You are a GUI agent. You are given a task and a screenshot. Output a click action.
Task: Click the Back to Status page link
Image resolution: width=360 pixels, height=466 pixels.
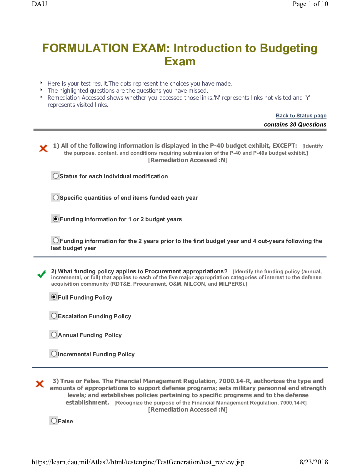coord(301,116)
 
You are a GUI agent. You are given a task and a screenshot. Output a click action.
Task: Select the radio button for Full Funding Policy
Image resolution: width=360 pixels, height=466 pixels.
coord(54,297)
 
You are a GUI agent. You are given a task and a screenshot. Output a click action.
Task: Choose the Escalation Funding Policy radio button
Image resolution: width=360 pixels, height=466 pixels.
coord(54,316)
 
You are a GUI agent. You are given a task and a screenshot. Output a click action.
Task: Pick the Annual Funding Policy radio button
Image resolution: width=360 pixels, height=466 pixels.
coord(54,334)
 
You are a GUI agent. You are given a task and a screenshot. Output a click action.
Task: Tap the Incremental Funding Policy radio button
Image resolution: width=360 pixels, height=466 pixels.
coord(54,354)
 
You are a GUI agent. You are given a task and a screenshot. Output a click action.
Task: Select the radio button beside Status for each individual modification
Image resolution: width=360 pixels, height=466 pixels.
coord(56,176)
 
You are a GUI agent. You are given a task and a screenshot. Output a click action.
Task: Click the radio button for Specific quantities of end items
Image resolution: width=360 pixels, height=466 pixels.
coord(56,197)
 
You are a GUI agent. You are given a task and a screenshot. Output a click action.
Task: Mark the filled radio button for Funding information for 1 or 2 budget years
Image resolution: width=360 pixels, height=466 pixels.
coord(56,219)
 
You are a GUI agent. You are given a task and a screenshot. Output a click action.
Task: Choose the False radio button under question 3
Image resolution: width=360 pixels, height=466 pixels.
coord(54,421)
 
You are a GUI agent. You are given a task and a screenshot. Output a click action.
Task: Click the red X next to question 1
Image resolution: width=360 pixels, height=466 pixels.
coord(43,149)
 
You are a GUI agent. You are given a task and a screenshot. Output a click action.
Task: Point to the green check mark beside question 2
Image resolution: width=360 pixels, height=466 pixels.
coord(42,274)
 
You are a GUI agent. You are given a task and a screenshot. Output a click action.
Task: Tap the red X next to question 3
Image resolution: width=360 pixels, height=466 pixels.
coord(40,384)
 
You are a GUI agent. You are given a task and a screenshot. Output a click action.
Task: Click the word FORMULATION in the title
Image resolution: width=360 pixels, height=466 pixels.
coord(85,48)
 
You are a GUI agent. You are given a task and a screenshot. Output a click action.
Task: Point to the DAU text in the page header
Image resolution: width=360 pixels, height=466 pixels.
coord(39,4)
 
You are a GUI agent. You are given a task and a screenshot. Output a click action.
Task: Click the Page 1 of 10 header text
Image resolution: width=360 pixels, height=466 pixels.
coord(310,4)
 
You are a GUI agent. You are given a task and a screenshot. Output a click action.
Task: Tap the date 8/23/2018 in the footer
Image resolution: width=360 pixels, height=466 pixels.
coord(314,462)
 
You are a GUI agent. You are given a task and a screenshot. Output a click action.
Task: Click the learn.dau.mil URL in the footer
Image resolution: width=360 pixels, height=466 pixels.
coord(138,462)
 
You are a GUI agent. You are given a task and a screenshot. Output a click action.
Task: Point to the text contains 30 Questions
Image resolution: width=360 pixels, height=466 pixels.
coord(295,124)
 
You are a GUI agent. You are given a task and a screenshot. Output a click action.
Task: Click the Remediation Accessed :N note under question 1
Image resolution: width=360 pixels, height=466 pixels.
coord(188,160)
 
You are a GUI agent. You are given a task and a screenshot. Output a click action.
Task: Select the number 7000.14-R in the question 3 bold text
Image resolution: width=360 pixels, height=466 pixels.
coord(234,381)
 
